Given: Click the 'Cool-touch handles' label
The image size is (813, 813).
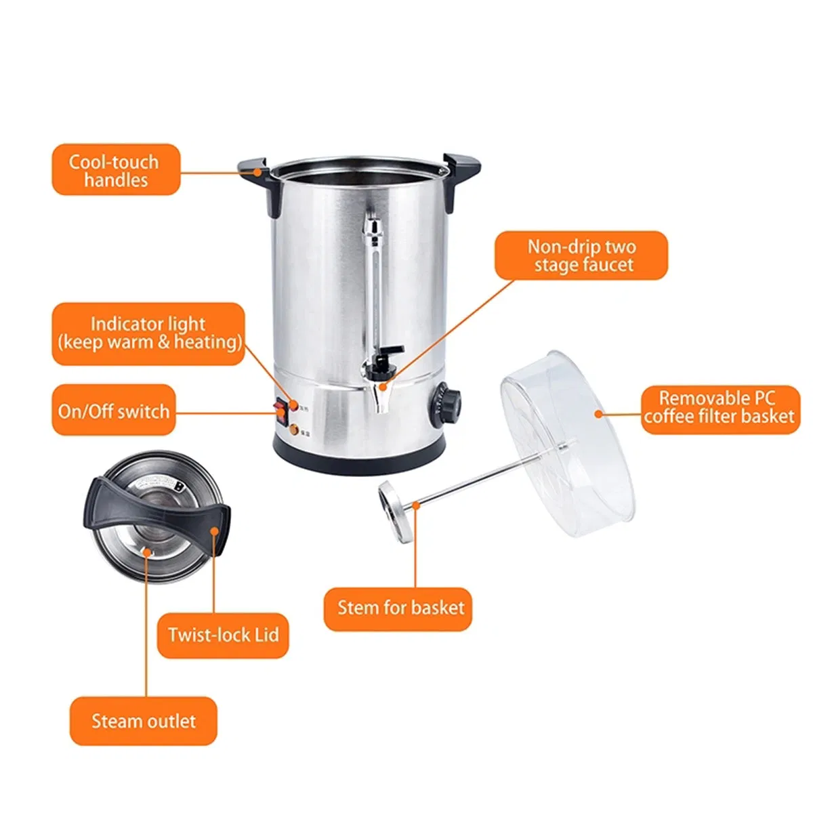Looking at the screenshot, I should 116,170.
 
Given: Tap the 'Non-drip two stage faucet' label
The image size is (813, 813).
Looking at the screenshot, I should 581,255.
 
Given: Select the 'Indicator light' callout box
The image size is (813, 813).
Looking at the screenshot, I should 148,333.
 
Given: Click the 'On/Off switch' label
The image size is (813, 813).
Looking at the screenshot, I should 114,411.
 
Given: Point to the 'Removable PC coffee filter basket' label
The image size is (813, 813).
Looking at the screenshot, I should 720,406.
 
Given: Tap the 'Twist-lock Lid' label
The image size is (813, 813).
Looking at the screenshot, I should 223,635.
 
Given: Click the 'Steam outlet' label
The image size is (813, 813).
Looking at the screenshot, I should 144,721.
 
